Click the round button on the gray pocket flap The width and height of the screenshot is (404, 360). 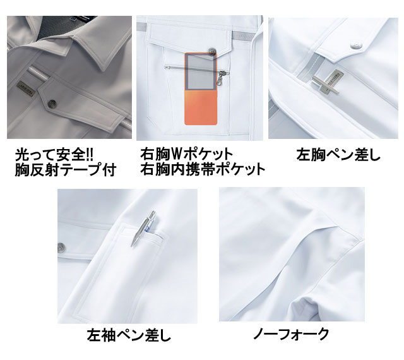(52, 104)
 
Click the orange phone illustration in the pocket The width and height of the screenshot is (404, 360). (201, 89)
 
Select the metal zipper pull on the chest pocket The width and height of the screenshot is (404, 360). (222, 76)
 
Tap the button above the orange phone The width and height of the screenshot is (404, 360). (212, 51)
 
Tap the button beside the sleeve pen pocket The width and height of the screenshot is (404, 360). (62, 248)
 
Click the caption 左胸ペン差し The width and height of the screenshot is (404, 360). (338, 155)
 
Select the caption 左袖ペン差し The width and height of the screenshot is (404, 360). (129, 335)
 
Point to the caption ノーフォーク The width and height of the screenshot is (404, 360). (291, 333)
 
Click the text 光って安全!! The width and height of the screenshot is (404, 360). (54, 155)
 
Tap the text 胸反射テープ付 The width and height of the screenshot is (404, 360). (66, 169)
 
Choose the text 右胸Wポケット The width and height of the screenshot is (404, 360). (186, 154)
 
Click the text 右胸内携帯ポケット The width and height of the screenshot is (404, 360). (203, 169)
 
